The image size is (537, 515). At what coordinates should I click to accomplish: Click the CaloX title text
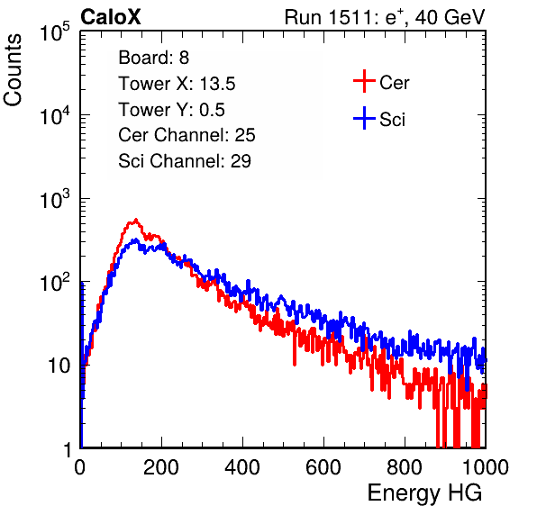(110, 17)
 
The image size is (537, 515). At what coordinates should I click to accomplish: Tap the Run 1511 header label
(385, 17)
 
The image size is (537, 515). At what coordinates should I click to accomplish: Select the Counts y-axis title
(13, 70)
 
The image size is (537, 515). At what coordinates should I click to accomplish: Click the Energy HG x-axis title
(424, 492)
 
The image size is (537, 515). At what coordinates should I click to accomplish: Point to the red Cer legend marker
(364, 81)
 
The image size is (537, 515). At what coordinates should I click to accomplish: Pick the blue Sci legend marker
(364, 119)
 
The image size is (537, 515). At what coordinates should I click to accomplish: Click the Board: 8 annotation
(154, 58)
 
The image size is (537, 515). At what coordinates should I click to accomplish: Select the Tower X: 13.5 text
(177, 84)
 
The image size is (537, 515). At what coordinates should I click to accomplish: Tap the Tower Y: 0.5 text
(171, 110)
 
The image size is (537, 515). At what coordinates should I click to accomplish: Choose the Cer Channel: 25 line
(187, 135)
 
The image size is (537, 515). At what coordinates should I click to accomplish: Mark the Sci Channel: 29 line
(185, 161)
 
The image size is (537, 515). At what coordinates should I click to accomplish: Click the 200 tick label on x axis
(161, 467)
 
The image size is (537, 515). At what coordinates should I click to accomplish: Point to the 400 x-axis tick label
(242, 467)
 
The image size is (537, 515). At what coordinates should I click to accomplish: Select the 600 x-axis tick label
(323, 467)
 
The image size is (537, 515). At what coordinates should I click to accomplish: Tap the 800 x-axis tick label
(405, 467)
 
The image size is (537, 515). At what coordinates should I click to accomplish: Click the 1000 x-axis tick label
(486, 467)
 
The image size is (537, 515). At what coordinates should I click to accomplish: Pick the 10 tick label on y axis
(59, 366)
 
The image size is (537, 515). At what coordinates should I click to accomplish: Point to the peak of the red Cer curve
(136, 220)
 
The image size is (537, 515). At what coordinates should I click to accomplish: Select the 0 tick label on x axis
(80, 467)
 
